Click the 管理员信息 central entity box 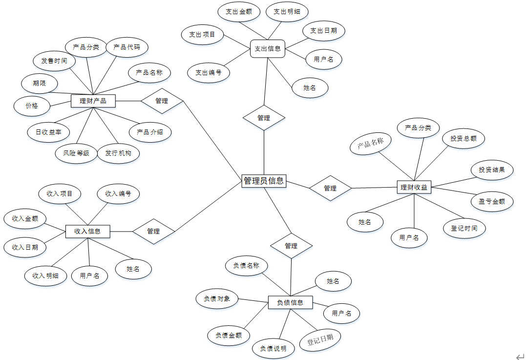click(x=264, y=181)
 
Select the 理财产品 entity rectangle click(x=93, y=101)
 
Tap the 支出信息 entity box click(x=268, y=48)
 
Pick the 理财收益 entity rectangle click(x=414, y=187)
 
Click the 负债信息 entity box click(x=290, y=302)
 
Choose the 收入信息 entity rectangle click(x=88, y=231)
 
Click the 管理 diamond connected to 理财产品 click(x=162, y=101)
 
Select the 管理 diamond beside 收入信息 click(x=154, y=231)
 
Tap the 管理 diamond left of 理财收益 click(x=330, y=188)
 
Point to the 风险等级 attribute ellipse click(x=76, y=153)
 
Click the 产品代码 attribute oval click(x=126, y=47)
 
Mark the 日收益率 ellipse click(x=48, y=132)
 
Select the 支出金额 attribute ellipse click(x=239, y=12)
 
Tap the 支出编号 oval click(x=209, y=73)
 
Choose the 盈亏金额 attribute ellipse click(x=492, y=201)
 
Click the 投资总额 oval click(x=463, y=138)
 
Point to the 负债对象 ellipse click(x=217, y=298)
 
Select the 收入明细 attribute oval click(x=46, y=275)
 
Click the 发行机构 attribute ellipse click(x=118, y=153)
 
